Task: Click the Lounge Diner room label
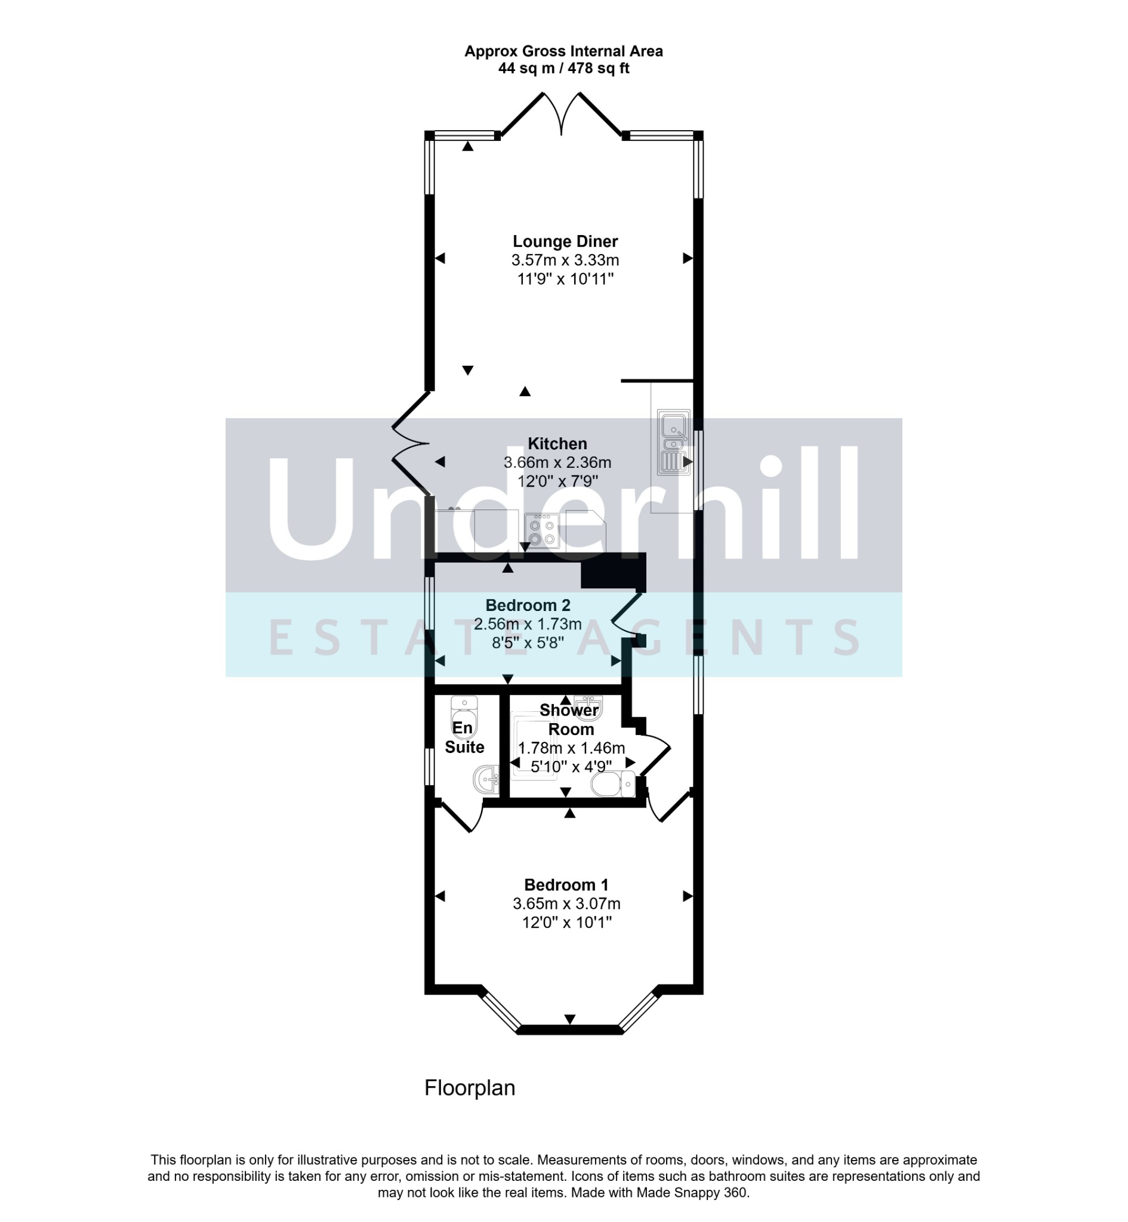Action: click(565, 242)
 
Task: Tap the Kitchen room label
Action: click(557, 443)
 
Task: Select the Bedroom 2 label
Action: click(528, 605)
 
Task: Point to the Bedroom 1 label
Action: click(566, 885)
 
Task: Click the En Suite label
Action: click(464, 737)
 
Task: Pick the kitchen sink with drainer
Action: click(674, 442)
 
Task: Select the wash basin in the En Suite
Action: click(486, 780)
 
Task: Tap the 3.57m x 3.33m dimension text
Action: click(565, 261)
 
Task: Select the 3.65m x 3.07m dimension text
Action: click(566, 903)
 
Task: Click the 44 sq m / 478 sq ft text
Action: click(563, 69)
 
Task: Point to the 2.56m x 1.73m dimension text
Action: click(528, 624)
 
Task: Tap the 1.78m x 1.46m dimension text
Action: click(571, 748)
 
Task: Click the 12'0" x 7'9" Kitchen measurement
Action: click(557, 482)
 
